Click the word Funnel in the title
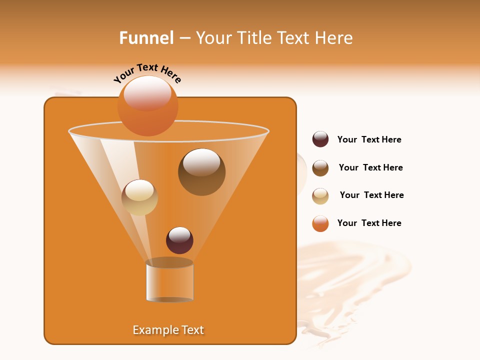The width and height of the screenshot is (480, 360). click(146, 38)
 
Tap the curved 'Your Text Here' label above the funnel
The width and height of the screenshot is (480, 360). click(147, 73)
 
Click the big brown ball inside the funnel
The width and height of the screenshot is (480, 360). click(201, 172)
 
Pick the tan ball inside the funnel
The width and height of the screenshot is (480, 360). click(139, 197)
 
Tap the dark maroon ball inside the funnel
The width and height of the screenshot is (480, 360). click(179, 240)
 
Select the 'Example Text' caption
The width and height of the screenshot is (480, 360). click(168, 330)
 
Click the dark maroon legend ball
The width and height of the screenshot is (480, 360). click(320, 139)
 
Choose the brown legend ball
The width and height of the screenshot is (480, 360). click(320, 168)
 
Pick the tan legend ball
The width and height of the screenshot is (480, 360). click(320, 196)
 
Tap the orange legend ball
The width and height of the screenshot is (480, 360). click(320, 223)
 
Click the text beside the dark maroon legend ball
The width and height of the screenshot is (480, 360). click(369, 140)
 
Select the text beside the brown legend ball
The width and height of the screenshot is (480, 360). click(370, 168)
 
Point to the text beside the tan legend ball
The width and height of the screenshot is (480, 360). click(371, 195)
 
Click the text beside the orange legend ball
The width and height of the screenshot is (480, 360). click(369, 223)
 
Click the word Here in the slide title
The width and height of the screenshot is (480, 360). click(335, 38)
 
